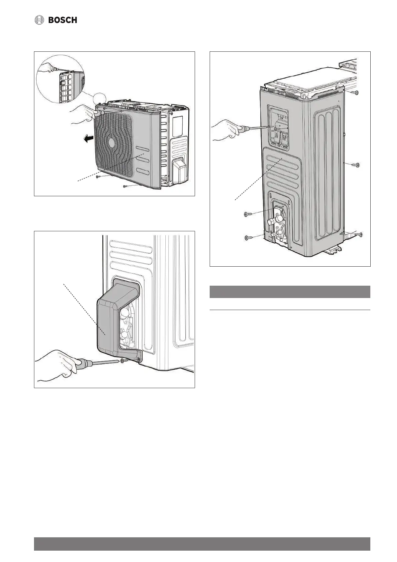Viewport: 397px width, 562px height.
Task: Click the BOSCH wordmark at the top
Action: (x=63, y=20)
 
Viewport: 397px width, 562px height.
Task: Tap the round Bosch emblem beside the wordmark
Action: (x=40, y=20)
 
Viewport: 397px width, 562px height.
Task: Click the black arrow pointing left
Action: (x=88, y=139)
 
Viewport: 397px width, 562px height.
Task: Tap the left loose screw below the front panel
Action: (x=97, y=177)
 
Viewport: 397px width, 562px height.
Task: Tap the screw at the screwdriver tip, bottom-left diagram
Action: (x=123, y=361)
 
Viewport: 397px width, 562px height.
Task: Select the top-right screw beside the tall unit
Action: (x=356, y=92)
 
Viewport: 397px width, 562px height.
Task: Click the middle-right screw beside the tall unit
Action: (x=357, y=165)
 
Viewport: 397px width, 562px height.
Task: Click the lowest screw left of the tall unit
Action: (x=247, y=238)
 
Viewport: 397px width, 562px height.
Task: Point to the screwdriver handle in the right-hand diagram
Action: (x=245, y=129)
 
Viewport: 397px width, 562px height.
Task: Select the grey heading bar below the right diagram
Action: (x=290, y=292)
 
